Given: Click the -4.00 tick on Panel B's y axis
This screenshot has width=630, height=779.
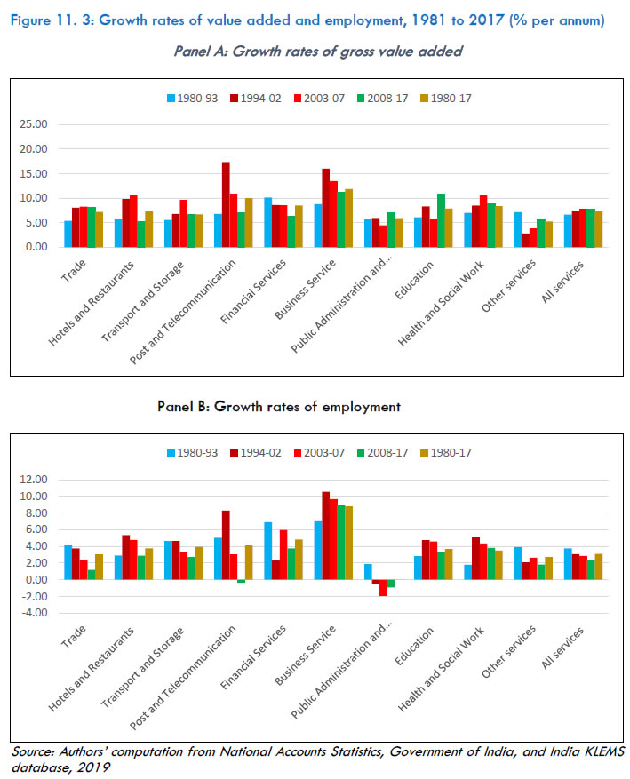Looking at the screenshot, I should point(34,613).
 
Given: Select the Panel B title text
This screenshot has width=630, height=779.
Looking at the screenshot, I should point(279,406).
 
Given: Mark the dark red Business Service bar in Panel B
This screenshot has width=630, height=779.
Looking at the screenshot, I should point(325,536).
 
